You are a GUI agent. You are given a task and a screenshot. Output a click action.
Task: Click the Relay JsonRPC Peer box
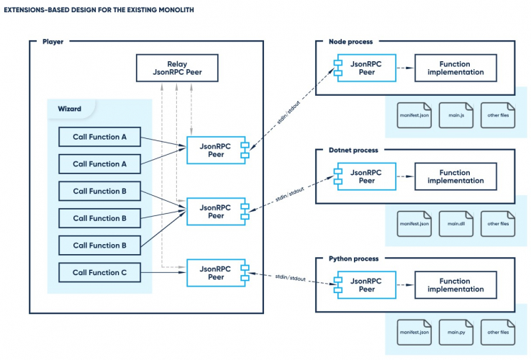point(178,68)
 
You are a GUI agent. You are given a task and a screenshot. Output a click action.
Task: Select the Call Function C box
point(99,273)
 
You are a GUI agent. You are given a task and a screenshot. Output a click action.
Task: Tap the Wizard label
point(69,109)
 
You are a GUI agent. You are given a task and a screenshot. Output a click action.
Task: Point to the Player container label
point(53,42)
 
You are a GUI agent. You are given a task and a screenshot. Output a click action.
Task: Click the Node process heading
point(350,42)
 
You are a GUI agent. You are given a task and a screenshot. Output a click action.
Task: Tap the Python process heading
point(353,258)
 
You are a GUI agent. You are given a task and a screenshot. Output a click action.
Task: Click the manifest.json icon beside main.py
point(414,332)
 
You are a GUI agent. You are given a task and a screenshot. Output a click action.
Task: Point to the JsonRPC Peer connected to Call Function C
point(216,273)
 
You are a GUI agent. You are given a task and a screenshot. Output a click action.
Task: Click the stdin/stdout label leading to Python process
point(291,278)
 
